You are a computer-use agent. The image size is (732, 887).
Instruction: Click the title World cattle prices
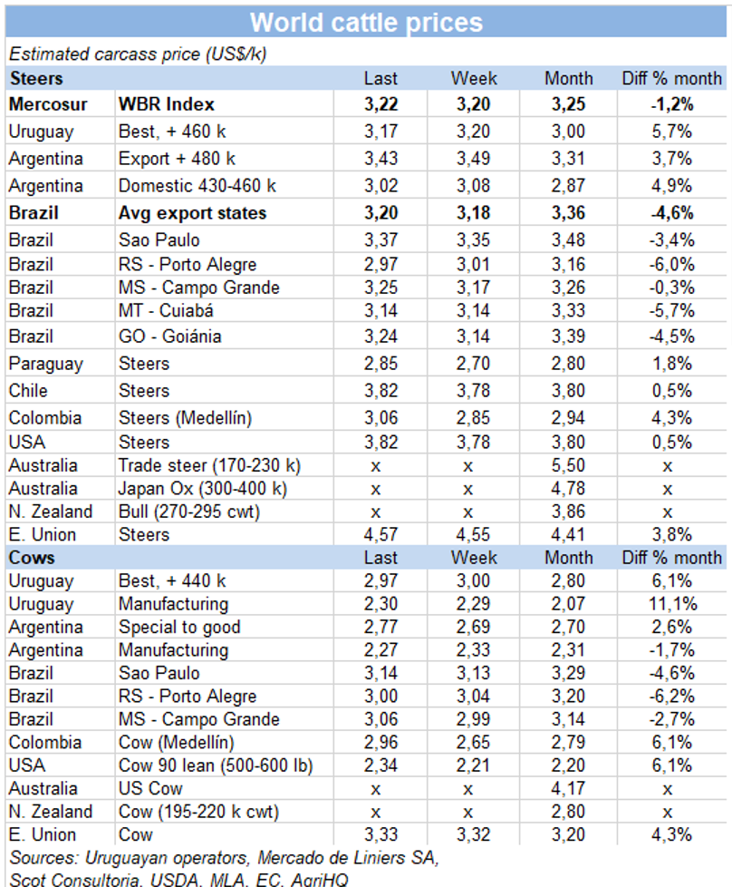point(366,22)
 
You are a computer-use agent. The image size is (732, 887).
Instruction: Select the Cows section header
point(32,557)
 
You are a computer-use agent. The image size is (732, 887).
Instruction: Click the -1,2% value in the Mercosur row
point(670,103)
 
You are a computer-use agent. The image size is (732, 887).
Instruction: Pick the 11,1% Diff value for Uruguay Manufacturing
point(670,603)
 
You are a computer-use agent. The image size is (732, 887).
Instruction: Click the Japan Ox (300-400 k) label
point(203,488)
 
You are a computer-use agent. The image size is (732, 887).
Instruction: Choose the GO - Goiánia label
point(169,336)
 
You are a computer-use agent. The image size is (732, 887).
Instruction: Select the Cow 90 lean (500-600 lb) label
point(216,765)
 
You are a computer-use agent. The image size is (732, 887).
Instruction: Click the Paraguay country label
point(45,364)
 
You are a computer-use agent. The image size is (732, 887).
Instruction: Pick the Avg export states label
point(192,213)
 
